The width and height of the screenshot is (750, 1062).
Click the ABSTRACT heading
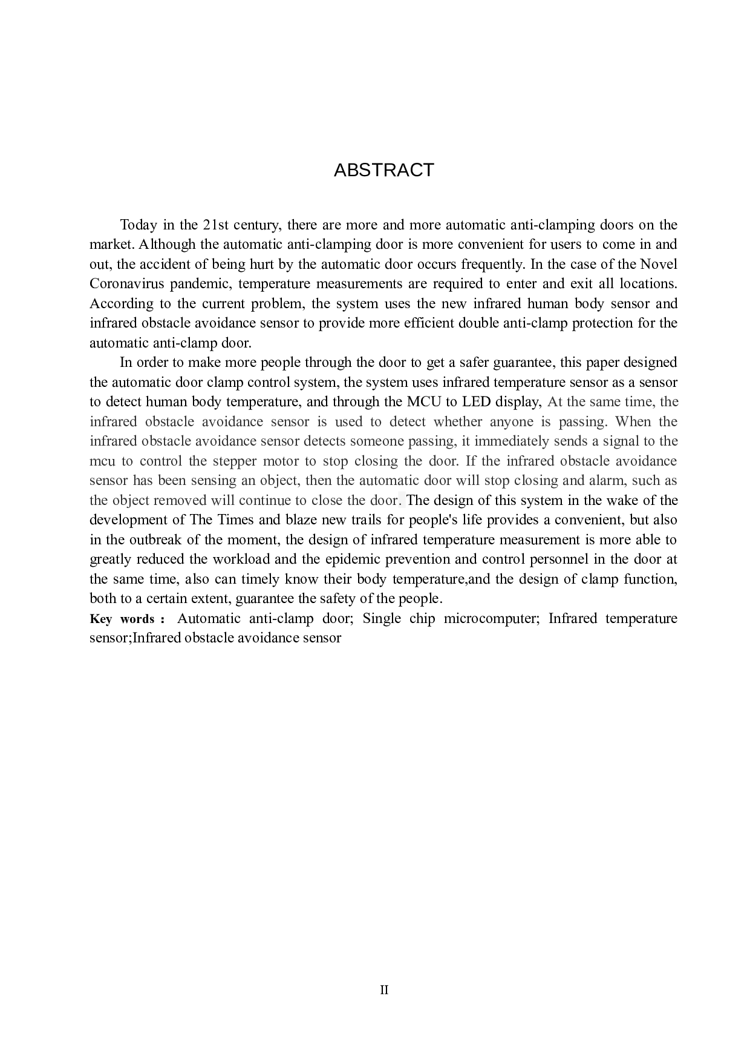pyautogui.click(x=383, y=170)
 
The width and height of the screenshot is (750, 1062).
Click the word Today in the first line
pyautogui.click(x=137, y=225)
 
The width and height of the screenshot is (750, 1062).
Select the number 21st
pyautogui.click(x=215, y=225)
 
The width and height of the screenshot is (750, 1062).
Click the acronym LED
pyautogui.click(x=476, y=402)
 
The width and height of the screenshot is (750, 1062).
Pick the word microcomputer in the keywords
pyautogui.click(x=494, y=619)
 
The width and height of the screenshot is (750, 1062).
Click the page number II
pyautogui.click(x=384, y=991)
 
